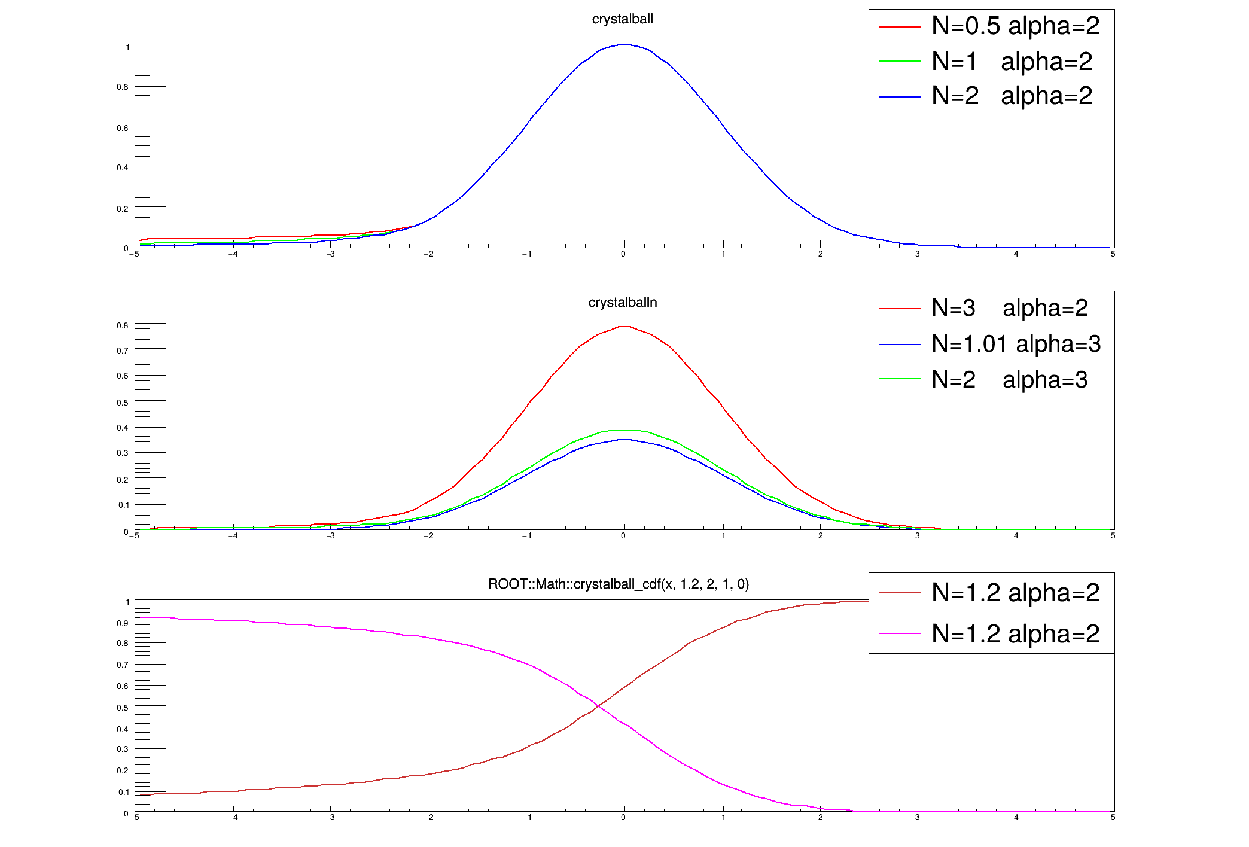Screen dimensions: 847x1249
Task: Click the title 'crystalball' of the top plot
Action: coord(622,19)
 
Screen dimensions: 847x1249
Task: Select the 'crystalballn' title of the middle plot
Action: coord(622,303)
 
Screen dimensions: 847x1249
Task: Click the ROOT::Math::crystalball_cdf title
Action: coord(619,584)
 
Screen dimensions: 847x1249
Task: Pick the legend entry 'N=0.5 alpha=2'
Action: coord(1015,26)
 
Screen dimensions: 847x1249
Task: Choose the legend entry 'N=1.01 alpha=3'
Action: coord(1016,344)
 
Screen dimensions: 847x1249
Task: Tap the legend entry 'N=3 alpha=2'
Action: coord(1009,308)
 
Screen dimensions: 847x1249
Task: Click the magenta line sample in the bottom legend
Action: coord(900,633)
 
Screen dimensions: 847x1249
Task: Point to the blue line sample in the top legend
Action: coord(900,96)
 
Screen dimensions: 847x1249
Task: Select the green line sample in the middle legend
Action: coord(900,379)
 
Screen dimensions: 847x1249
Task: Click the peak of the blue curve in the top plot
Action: coord(624,45)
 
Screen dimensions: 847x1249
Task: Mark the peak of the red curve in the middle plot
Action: coord(624,327)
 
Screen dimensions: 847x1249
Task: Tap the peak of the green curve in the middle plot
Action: coord(624,431)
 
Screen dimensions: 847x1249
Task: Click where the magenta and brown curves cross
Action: coord(597,707)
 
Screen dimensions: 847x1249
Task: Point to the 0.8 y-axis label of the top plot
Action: coord(123,87)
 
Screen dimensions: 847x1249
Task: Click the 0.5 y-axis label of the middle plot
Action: coord(123,403)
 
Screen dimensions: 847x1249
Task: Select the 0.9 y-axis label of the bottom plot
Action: coord(123,623)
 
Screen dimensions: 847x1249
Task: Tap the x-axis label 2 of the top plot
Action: coord(820,254)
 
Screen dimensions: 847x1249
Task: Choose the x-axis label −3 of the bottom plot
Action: coord(331,818)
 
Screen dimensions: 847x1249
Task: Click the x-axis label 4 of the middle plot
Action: coord(1016,536)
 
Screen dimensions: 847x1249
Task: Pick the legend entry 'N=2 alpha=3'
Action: coord(1009,380)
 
